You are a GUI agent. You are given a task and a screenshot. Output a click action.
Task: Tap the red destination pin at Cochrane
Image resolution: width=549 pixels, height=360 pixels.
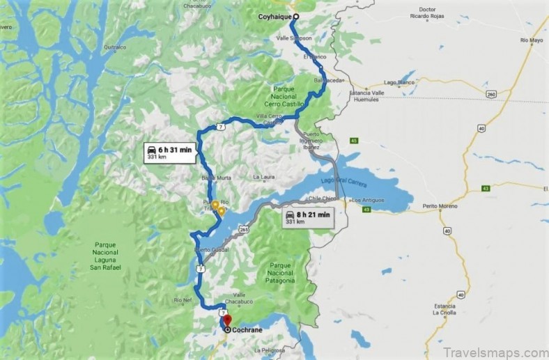[226, 321]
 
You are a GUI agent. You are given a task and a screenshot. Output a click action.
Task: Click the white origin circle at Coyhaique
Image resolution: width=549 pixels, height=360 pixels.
[295, 17]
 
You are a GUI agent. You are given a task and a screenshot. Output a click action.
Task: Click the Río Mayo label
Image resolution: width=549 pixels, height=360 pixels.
[531, 41]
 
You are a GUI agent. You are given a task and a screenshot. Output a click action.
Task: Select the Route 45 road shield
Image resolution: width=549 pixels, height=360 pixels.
[354, 141]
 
